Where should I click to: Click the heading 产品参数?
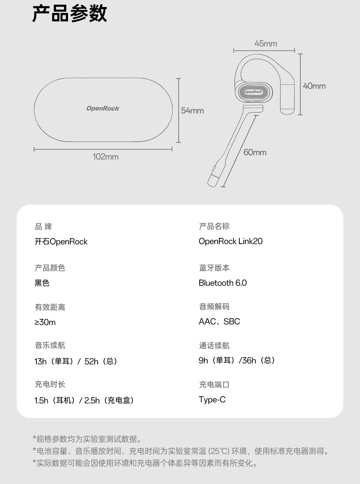(x=69, y=14)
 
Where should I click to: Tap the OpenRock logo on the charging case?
(x=103, y=108)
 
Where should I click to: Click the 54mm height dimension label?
(x=192, y=111)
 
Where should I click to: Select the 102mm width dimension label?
(x=105, y=157)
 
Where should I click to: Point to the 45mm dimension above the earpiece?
(x=266, y=44)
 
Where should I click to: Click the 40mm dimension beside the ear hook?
(x=314, y=86)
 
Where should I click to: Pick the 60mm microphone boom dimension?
(x=255, y=152)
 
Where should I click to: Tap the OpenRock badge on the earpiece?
(x=253, y=92)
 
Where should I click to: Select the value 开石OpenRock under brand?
(x=61, y=242)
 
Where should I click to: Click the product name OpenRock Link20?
(x=230, y=241)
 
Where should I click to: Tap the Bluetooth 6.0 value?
(x=222, y=283)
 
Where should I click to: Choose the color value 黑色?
(x=42, y=283)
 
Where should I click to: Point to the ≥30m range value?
(x=45, y=322)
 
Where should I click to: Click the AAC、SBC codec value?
(x=219, y=322)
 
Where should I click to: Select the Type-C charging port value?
(x=212, y=400)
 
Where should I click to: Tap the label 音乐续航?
(x=50, y=345)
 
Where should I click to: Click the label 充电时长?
(x=50, y=384)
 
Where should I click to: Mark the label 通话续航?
(x=214, y=346)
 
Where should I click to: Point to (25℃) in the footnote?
(x=219, y=451)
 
